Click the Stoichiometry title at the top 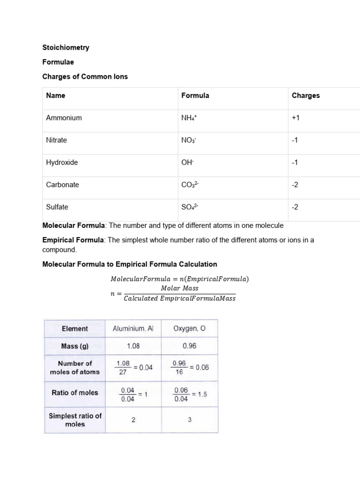66,47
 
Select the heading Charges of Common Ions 85,76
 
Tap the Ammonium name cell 64,118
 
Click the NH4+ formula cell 190,118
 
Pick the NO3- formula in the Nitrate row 189,140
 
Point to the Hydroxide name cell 62,162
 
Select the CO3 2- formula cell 190,185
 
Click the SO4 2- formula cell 190,207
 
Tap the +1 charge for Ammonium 295,118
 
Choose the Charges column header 306,95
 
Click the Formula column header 195,95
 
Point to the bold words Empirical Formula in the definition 73,240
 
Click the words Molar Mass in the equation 180,288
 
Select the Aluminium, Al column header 133,329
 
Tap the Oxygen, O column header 189,329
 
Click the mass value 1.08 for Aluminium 133,346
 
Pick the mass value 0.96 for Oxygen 189,346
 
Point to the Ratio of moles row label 75,393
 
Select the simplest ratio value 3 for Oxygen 189,420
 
